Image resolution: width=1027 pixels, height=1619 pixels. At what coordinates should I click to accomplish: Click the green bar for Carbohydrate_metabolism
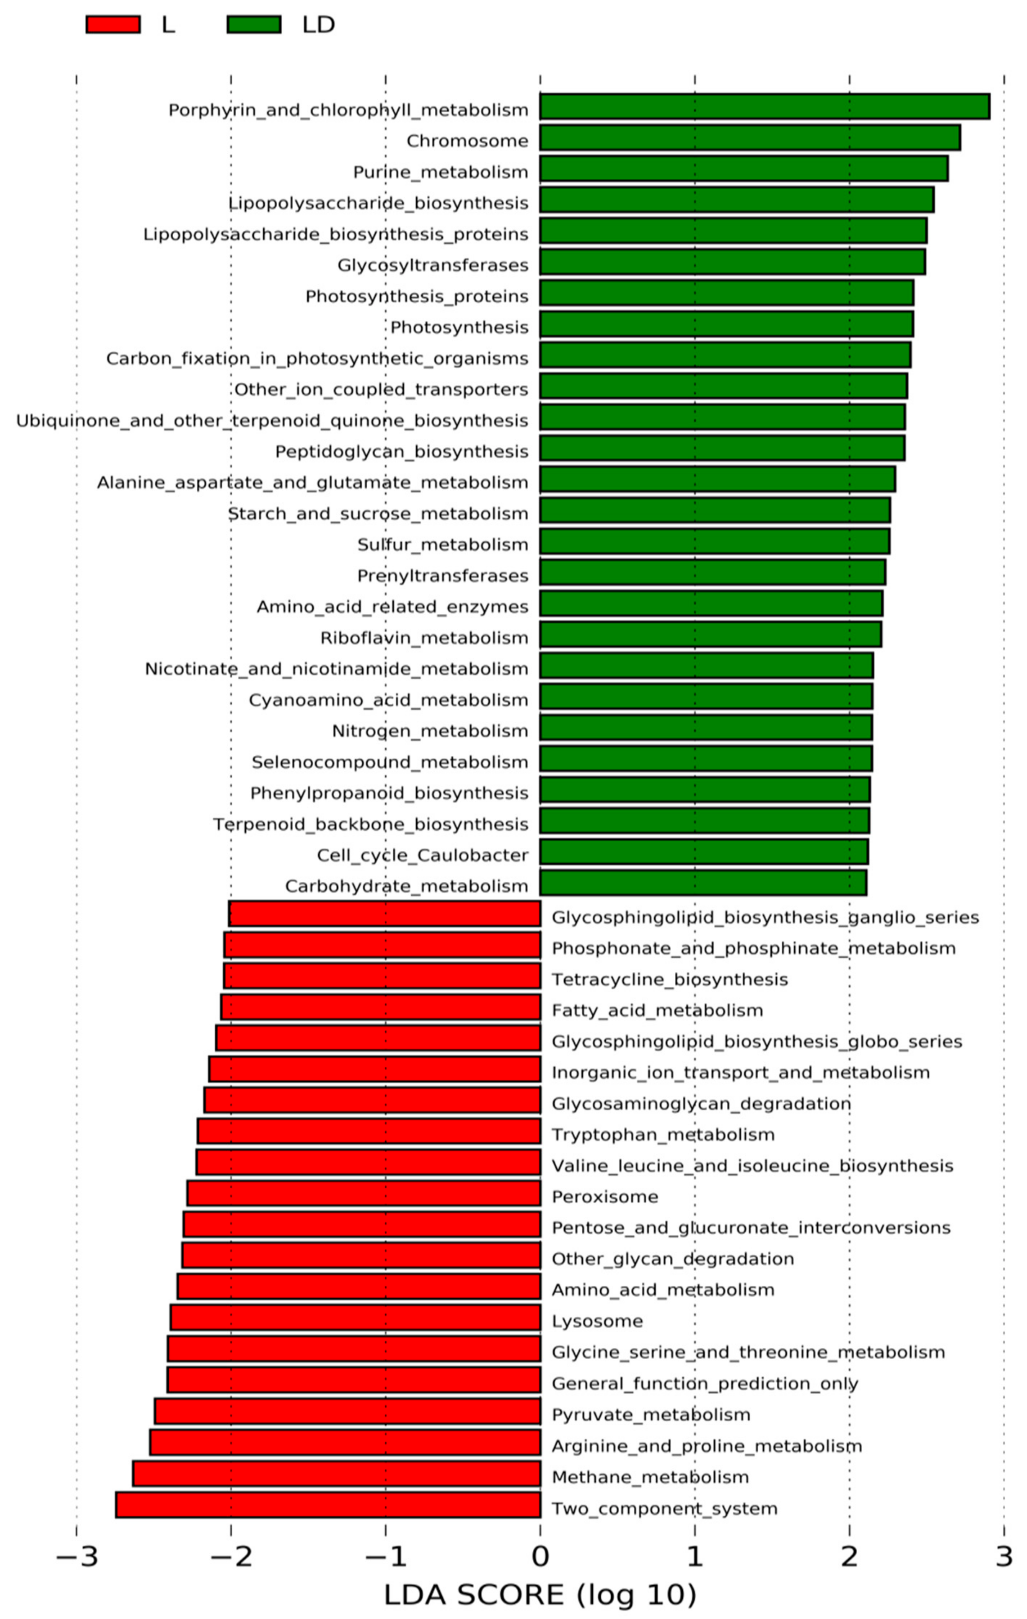(x=703, y=883)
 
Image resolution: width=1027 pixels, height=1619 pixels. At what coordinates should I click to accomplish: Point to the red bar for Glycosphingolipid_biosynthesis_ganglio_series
(x=385, y=914)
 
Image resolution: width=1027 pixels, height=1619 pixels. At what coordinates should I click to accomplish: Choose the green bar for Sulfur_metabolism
(x=714, y=541)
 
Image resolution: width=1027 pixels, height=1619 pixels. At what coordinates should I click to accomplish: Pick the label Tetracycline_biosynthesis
(x=669, y=979)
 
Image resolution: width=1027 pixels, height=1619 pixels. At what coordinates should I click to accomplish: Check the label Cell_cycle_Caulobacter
(x=422, y=855)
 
